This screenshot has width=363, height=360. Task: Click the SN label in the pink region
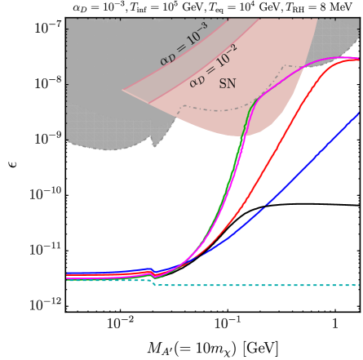pos(228,84)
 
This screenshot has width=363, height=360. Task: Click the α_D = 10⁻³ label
pos(184,44)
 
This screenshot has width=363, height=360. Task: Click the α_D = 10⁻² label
pos(213,65)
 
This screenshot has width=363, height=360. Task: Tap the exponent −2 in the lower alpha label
pos(231,49)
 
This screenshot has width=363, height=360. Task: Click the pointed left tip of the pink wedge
pos(122,91)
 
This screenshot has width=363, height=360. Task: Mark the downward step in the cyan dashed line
pos(153,282)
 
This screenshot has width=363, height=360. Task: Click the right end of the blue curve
pos(359,114)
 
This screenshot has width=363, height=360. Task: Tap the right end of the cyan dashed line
pos(359,286)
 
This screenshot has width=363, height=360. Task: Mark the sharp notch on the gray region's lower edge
pos(153,146)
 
